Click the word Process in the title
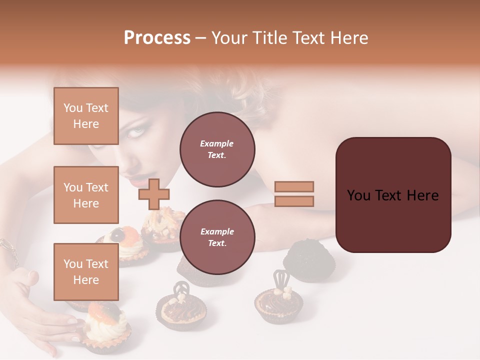click(157, 37)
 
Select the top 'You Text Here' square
click(86, 116)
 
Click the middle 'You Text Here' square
click(86, 195)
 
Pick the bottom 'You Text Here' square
click(86, 272)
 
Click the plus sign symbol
click(153, 194)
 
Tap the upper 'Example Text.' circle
click(217, 149)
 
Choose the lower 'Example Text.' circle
click(217, 237)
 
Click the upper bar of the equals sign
click(294, 186)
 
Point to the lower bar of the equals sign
click(294, 201)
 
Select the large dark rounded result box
click(393, 195)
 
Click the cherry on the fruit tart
click(118, 233)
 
